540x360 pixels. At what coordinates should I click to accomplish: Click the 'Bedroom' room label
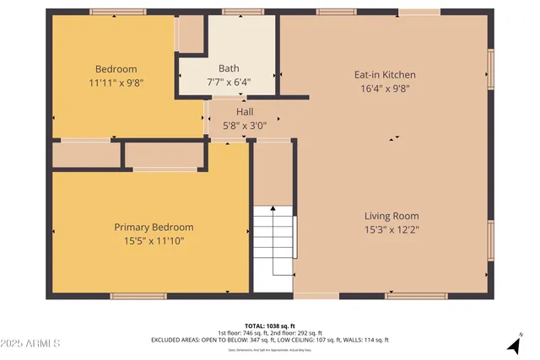click(x=116, y=69)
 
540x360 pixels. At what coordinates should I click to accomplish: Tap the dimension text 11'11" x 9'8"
click(x=116, y=83)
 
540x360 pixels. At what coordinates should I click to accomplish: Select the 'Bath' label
click(x=229, y=68)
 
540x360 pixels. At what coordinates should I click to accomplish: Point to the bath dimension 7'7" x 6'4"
click(x=229, y=83)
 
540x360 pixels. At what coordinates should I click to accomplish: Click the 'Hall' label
click(x=245, y=111)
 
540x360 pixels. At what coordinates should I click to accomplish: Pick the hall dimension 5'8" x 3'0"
click(x=245, y=126)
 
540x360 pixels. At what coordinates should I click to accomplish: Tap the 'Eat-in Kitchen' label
click(x=384, y=75)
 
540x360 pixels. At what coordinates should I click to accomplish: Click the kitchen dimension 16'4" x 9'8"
click(x=384, y=89)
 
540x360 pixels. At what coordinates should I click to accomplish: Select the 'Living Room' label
click(x=391, y=216)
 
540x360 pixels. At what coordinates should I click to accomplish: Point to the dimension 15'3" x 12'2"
click(x=391, y=230)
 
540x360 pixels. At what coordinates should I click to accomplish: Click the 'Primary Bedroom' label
click(x=154, y=227)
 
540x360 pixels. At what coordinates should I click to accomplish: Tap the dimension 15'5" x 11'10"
click(x=154, y=241)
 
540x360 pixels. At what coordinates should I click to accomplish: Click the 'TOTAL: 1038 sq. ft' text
click(x=270, y=325)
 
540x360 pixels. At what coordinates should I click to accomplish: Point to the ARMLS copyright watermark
click(x=30, y=344)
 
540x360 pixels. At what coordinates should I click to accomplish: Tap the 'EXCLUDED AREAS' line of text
click(x=270, y=340)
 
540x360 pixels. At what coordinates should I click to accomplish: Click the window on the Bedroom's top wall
click(x=113, y=12)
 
